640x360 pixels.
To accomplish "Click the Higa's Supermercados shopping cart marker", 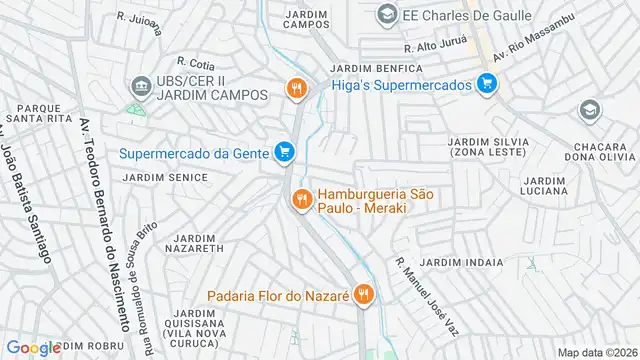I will [x=487, y=85].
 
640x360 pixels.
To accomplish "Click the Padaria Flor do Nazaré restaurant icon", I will [x=364, y=296].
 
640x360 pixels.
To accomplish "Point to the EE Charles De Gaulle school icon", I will [x=387, y=15].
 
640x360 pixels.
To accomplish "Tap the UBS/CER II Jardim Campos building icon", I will [x=139, y=86].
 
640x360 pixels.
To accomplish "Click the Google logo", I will [x=34, y=347].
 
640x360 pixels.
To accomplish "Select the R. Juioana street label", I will [x=138, y=21].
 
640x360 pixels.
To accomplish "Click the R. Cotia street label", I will [x=196, y=64].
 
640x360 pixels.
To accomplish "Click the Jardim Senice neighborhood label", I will [x=165, y=177].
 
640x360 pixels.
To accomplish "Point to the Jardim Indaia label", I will [x=462, y=261].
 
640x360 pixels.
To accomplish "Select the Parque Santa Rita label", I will [x=34, y=113].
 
